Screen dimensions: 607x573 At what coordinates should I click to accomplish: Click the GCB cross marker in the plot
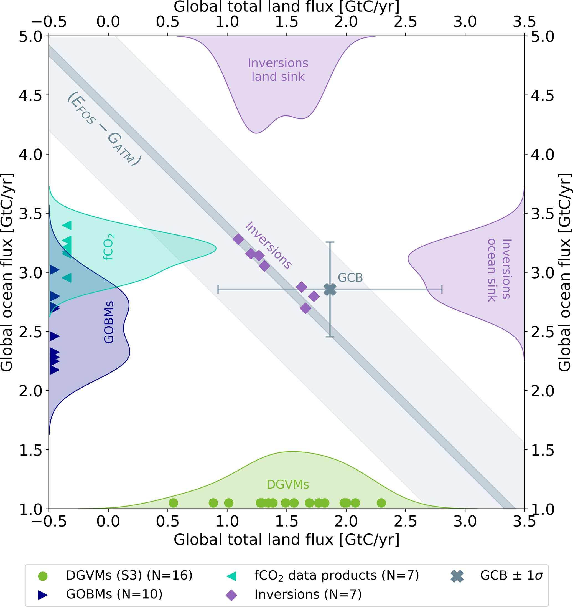(330, 289)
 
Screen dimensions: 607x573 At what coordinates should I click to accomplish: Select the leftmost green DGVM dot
(173, 502)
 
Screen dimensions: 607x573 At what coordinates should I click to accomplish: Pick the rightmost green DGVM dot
(381, 502)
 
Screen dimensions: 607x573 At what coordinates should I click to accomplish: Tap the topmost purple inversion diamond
(238, 239)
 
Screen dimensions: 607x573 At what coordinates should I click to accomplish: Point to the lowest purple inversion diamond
(305, 308)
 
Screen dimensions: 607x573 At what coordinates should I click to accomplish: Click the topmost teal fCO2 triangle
(67, 226)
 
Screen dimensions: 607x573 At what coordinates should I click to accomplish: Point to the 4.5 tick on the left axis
(30, 95)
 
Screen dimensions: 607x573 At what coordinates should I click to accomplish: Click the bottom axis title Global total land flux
(287, 540)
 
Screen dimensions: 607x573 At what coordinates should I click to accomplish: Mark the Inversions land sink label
(278, 70)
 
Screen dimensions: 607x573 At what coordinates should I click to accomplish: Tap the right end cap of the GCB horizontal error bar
(442, 289)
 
